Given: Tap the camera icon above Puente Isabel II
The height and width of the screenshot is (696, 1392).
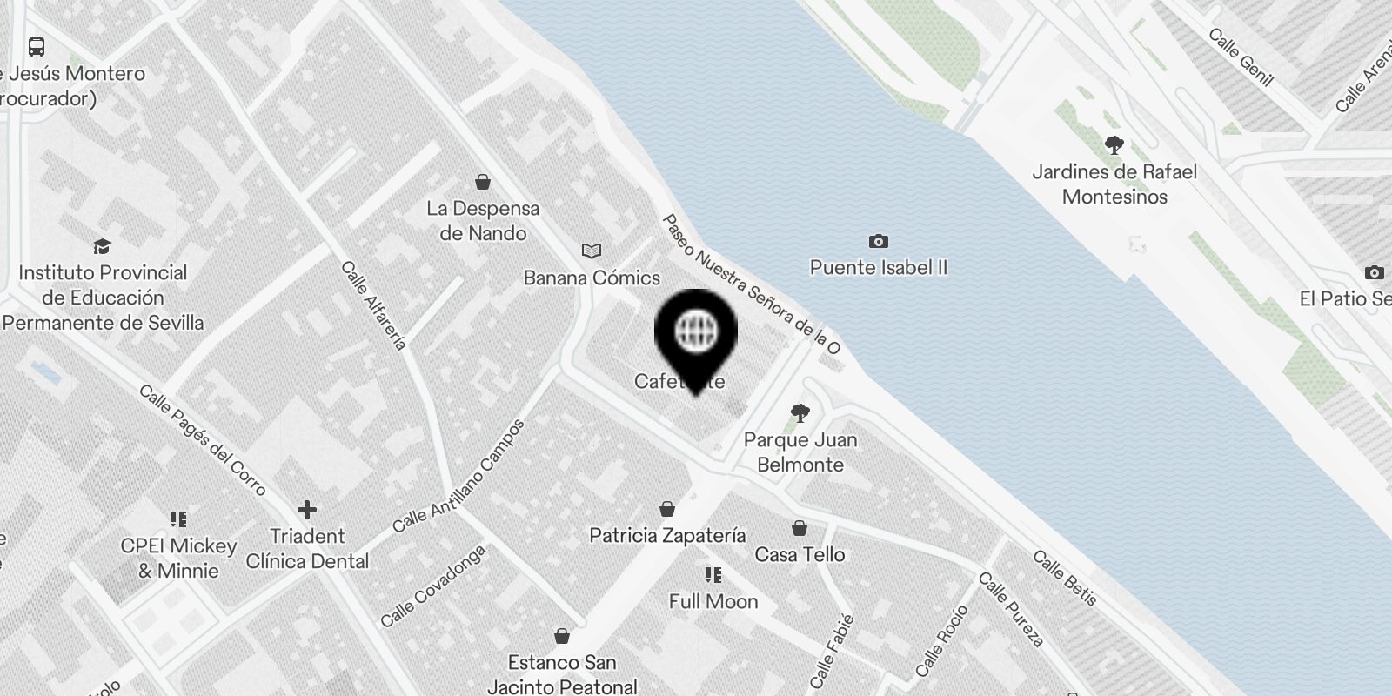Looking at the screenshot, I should pyautogui.click(x=879, y=241).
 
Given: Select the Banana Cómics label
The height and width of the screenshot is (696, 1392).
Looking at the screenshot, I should pyautogui.click(x=592, y=278).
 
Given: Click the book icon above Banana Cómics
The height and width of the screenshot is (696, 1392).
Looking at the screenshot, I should pyautogui.click(x=592, y=251).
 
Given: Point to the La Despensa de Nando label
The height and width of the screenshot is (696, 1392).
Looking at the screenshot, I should pyautogui.click(x=483, y=221).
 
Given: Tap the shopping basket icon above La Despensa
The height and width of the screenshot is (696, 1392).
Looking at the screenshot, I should pyautogui.click(x=483, y=182).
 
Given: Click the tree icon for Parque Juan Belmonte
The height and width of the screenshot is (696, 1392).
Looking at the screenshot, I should pyautogui.click(x=800, y=412).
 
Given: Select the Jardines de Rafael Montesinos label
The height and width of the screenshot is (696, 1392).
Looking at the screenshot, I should pyautogui.click(x=1114, y=184).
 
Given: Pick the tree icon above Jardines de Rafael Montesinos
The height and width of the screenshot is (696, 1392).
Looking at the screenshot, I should pyautogui.click(x=1114, y=144).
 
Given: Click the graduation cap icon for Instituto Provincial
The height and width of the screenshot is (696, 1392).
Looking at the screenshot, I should pyautogui.click(x=103, y=246).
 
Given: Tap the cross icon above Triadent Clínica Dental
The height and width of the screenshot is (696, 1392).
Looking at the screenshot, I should pyautogui.click(x=307, y=509).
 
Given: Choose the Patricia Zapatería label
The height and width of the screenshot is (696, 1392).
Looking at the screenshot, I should pyautogui.click(x=667, y=535).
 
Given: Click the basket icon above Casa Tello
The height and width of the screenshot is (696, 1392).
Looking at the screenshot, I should pyautogui.click(x=800, y=528).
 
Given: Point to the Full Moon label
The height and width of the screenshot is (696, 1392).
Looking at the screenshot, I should pyautogui.click(x=713, y=601).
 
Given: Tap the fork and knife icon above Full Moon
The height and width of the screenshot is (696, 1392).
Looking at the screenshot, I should pyautogui.click(x=713, y=575).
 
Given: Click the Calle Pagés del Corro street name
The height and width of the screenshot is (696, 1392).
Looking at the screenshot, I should pyautogui.click(x=202, y=440).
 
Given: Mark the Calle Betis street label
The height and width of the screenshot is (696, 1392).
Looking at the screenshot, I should pyautogui.click(x=1065, y=578).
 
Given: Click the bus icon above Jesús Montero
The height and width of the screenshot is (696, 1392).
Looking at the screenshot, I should pyautogui.click(x=37, y=47).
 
